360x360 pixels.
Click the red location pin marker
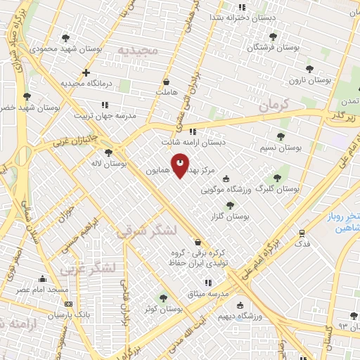coord(181,165)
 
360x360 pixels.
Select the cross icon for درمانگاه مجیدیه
coord(86,72)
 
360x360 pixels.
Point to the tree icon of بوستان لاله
coord(108,152)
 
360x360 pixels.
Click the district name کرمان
coord(274,105)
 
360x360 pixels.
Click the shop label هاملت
coord(166,92)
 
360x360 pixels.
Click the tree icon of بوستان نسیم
coord(281,136)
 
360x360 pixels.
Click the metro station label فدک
coord(302,244)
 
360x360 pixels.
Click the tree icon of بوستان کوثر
coord(163,298)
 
